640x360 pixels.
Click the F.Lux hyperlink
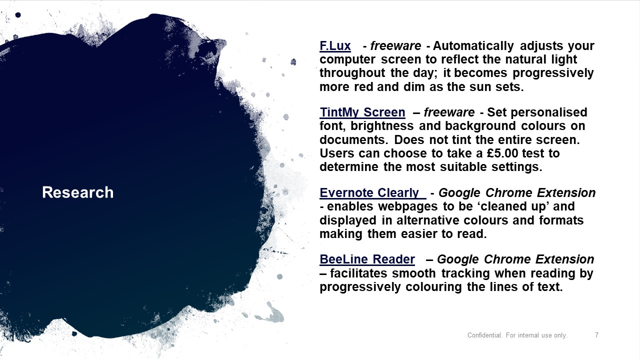pyautogui.click(x=335, y=45)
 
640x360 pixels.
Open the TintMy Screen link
pyautogui.click(x=362, y=112)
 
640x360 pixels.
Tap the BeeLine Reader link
pyautogui.click(x=367, y=259)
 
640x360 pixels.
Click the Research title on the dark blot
pyautogui.click(x=77, y=192)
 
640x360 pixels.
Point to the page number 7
pyautogui.click(x=596, y=335)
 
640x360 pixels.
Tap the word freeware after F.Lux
pyautogui.click(x=395, y=45)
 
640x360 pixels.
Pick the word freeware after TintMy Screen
pyautogui.click(x=449, y=112)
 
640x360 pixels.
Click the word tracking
pyautogui.click(x=465, y=273)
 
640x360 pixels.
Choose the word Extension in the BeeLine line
pyautogui.click(x=565, y=259)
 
